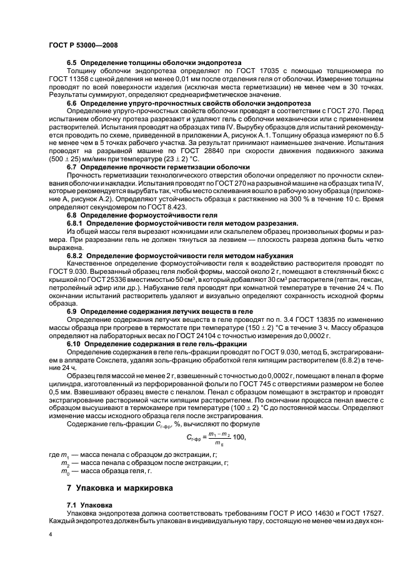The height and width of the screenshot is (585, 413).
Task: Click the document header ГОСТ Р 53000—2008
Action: click(83, 45)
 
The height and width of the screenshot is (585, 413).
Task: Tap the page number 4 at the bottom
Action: click(51, 534)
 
